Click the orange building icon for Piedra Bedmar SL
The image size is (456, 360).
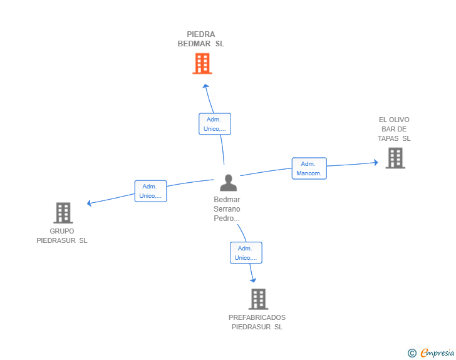point(202,63)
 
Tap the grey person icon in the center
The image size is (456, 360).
point(229,182)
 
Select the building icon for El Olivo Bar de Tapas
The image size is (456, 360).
point(395,158)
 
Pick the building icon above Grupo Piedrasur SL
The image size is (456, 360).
point(63,213)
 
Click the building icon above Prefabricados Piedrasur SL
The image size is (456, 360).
point(258,299)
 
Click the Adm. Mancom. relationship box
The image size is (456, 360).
point(309,168)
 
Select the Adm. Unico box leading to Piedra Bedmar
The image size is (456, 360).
point(215,124)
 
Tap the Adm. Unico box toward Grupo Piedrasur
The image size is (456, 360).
point(150,191)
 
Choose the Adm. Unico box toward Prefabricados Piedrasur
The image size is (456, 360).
point(246,252)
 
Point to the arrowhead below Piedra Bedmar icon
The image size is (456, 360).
point(205,86)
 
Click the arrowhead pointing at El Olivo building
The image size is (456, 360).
point(376,162)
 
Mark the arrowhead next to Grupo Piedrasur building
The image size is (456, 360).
point(90,203)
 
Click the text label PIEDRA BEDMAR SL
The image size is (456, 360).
point(201,39)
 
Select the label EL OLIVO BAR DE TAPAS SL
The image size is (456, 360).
point(394,129)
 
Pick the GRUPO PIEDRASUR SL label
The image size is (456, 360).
point(62,235)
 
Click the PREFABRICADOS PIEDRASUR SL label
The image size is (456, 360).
point(257,322)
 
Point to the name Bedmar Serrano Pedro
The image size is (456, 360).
point(227,209)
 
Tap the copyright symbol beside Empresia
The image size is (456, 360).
point(412,353)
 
